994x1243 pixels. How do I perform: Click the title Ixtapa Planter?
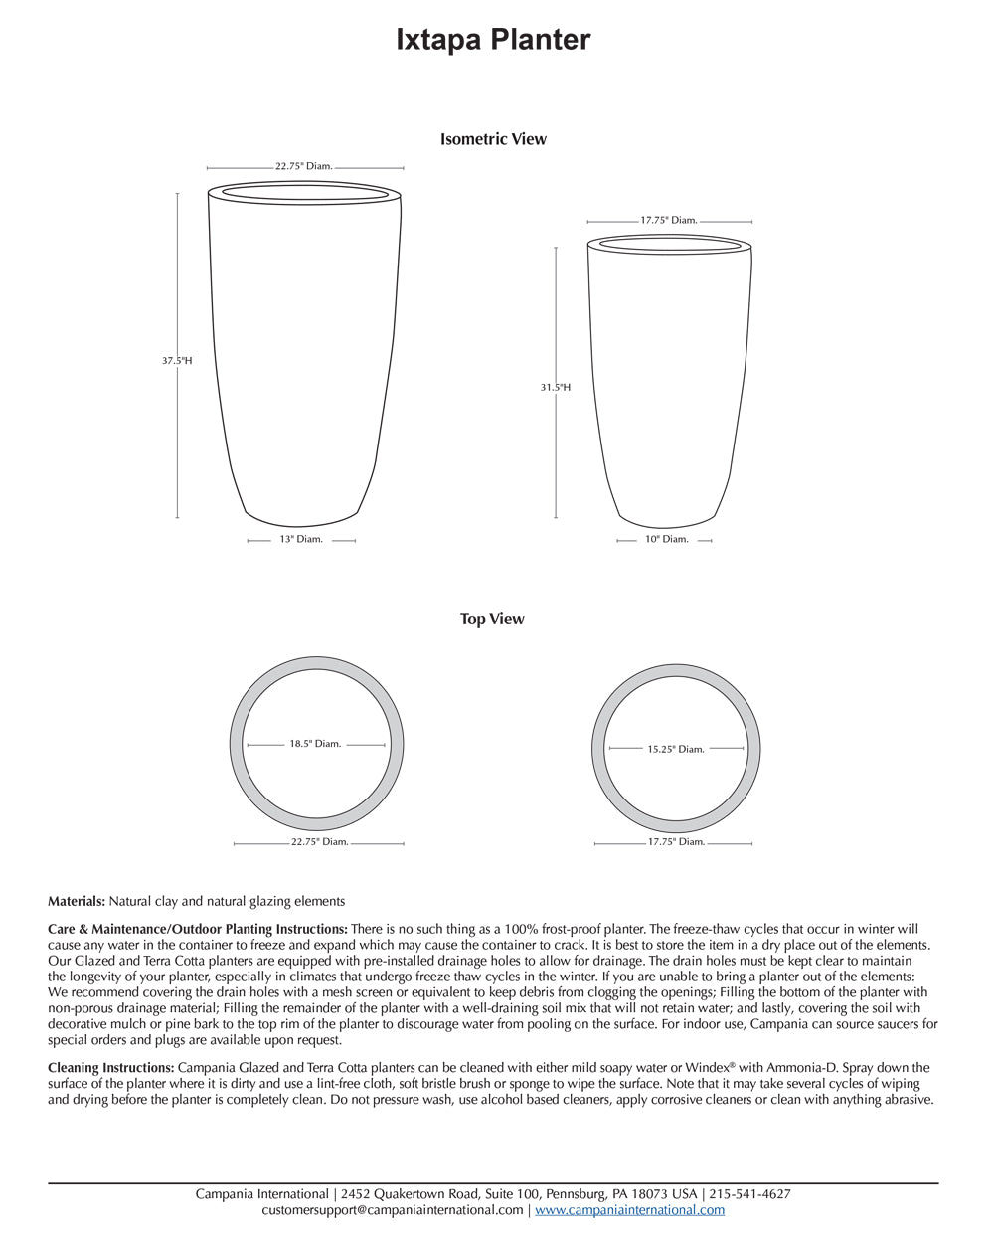click(x=493, y=40)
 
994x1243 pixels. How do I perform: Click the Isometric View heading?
click(x=493, y=139)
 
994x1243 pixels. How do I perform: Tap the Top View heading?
click(x=492, y=619)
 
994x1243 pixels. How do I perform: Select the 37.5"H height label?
click(x=177, y=361)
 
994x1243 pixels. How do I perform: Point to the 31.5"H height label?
click(x=555, y=387)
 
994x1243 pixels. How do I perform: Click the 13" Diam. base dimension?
click(x=301, y=539)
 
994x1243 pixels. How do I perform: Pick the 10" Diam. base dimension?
click(x=666, y=539)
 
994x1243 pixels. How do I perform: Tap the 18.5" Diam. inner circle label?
click(x=315, y=743)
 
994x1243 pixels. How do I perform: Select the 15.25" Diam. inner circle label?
click(x=676, y=749)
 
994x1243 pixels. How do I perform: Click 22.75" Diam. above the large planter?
click(x=304, y=166)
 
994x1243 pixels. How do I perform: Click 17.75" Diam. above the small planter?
click(x=669, y=220)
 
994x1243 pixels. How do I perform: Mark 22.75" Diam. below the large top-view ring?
click(x=319, y=842)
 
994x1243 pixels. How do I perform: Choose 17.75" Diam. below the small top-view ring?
click(x=676, y=841)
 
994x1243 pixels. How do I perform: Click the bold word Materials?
click(x=77, y=901)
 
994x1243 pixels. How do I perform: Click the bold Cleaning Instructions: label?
click(x=110, y=1067)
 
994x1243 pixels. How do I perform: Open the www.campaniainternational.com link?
click(x=630, y=1210)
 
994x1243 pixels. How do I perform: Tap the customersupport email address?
click(x=393, y=1210)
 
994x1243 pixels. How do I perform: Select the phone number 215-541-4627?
click(x=750, y=1194)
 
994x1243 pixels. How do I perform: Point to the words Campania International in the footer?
click(x=261, y=1194)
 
